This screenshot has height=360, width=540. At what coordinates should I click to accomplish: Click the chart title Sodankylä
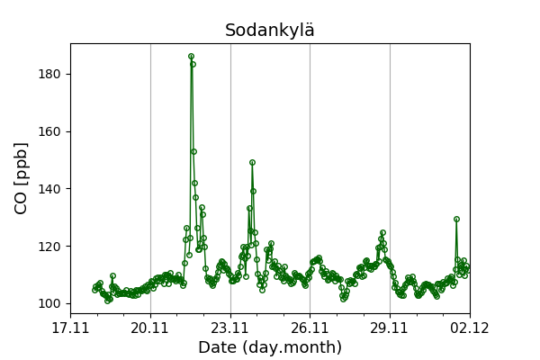click(270, 31)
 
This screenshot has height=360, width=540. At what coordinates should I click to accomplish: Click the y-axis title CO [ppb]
click(22, 178)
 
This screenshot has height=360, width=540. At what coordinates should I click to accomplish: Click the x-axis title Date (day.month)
click(270, 347)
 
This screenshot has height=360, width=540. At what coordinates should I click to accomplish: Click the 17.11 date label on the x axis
click(70, 328)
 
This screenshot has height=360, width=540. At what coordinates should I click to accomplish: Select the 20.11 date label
click(150, 328)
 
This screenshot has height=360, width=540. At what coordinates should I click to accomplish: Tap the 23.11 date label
click(230, 328)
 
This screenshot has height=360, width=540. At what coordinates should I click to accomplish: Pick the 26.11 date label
click(310, 328)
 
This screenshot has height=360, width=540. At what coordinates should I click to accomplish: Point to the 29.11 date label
click(390, 328)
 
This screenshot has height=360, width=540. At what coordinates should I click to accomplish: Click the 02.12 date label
click(470, 328)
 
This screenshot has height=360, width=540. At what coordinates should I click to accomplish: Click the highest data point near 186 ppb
click(191, 56)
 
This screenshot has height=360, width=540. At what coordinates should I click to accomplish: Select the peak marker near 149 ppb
click(252, 163)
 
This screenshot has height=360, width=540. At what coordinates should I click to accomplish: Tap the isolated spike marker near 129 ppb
click(456, 219)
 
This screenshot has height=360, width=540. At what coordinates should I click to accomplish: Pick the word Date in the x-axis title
click(219, 347)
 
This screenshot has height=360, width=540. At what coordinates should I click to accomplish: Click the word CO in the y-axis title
click(22, 202)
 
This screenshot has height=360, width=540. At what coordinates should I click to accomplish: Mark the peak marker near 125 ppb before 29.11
click(382, 232)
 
